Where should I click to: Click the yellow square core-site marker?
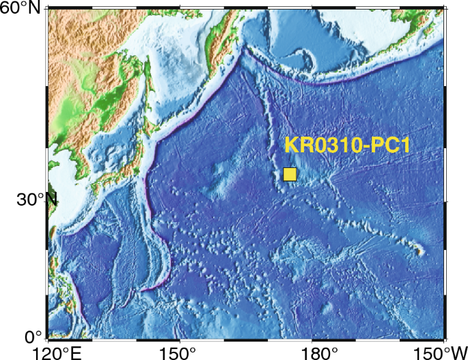coord(290,174)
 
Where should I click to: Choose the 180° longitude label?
coord(312,352)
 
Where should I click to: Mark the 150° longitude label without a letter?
coord(180,352)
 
